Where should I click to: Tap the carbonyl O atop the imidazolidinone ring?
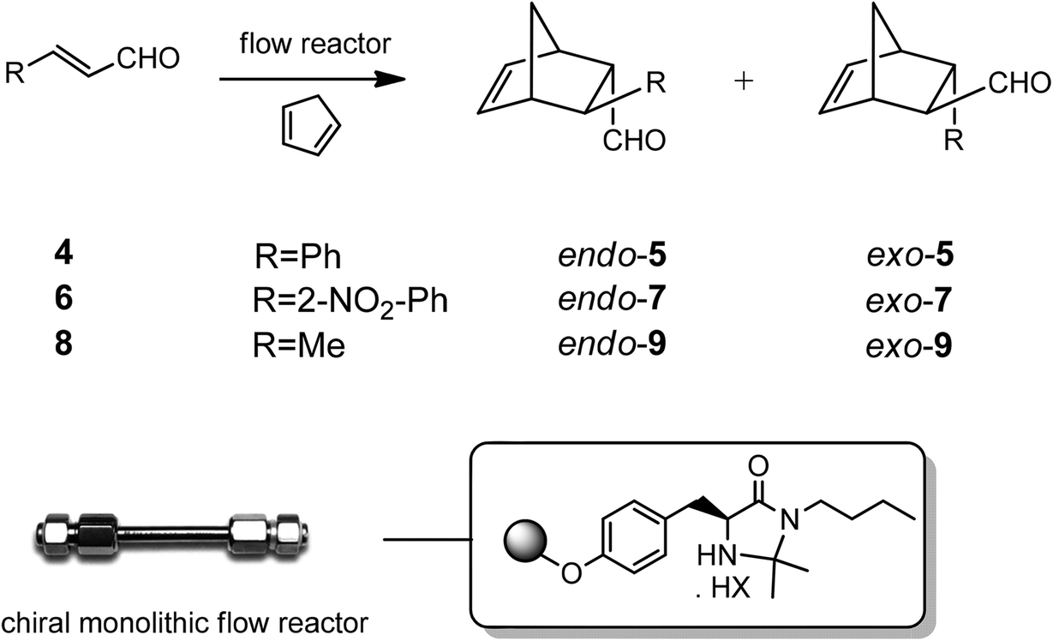[x=756, y=468]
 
